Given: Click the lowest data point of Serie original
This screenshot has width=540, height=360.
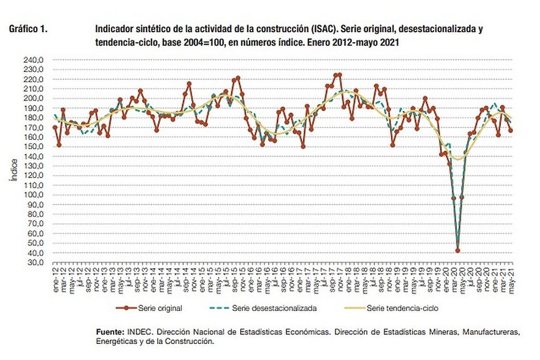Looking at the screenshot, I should [457, 251].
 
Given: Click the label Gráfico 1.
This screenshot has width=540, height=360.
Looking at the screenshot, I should [28, 29].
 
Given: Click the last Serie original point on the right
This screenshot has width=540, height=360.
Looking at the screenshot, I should [510, 130].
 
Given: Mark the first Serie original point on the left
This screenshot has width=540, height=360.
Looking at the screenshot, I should [55, 127].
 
